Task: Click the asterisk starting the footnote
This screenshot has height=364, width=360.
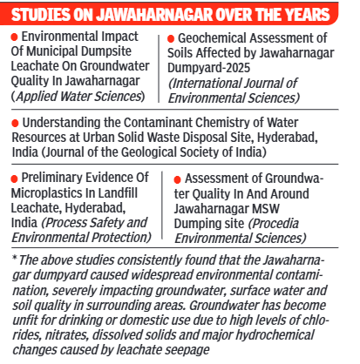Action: (x=16, y=257)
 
